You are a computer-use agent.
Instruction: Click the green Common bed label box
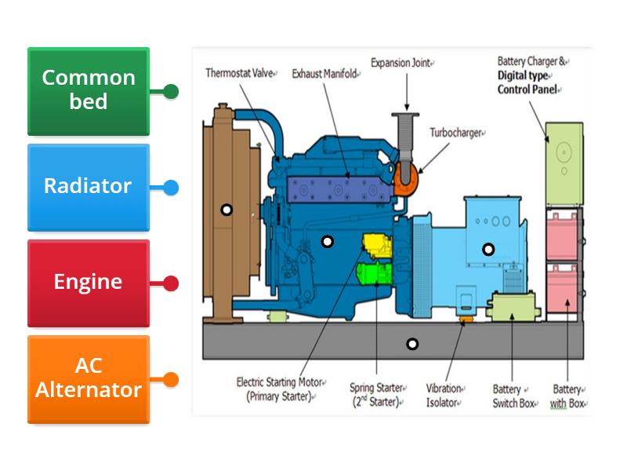(x=88, y=91)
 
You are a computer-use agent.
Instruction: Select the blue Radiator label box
(x=88, y=187)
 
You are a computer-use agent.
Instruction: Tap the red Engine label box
(x=88, y=283)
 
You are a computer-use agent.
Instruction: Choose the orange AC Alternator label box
(x=88, y=379)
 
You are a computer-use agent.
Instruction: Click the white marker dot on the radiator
(x=227, y=210)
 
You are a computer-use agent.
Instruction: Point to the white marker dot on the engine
(x=328, y=241)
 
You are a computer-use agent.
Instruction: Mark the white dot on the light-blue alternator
(x=488, y=250)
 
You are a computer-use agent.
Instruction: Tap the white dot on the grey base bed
(x=412, y=344)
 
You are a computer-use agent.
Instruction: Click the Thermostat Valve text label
(x=240, y=74)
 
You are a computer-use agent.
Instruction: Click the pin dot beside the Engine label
(x=171, y=283)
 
